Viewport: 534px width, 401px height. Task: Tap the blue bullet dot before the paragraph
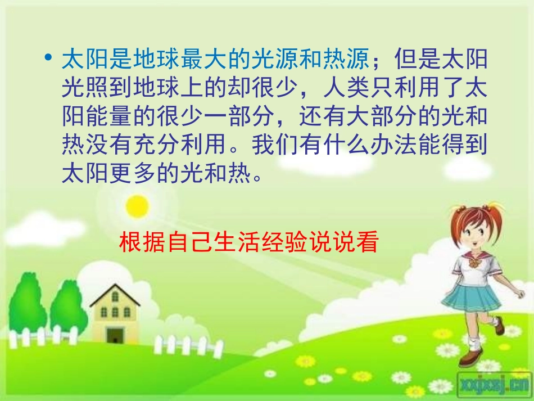[x=49, y=58]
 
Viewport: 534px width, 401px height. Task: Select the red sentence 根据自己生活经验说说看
[x=248, y=243]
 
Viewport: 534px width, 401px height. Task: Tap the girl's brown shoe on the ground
[x=469, y=358]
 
